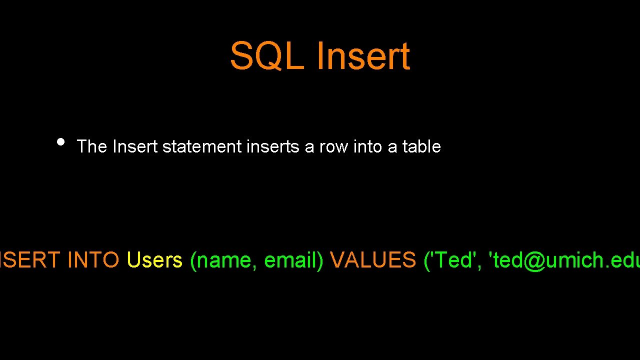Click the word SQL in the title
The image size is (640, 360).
click(267, 56)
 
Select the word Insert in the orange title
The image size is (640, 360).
click(363, 56)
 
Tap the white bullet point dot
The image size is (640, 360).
click(60, 141)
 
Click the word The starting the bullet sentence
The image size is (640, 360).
click(92, 146)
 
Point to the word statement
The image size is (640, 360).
click(202, 146)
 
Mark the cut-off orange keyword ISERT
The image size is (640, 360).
click(30, 260)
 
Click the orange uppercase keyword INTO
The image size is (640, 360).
click(93, 260)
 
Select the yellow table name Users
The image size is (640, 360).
click(154, 260)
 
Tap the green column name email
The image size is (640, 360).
click(291, 260)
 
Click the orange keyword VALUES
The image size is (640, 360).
click(373, 260)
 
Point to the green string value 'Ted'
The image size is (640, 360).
click(453, 260)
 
